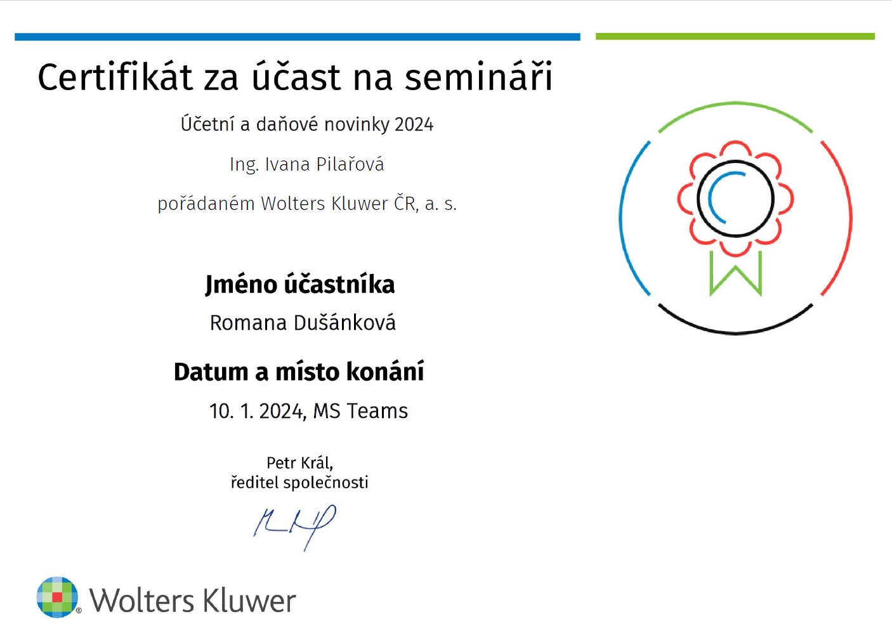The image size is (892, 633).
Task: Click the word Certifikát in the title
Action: [115, 77]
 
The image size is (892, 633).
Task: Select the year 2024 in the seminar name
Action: [414, 124]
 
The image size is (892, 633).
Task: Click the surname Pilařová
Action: [350, 164]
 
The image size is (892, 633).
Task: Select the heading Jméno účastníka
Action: [300, 285]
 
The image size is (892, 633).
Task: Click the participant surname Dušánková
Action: [344, 322]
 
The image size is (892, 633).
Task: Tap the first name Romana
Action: [248, 323]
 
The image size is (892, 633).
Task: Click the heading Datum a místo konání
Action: [299, 372]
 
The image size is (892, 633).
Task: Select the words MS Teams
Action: [360, 411]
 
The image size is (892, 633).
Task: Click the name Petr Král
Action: [299, 463]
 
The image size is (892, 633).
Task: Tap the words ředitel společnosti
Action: [299, 483]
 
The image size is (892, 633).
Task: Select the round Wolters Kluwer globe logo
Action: [57, 597]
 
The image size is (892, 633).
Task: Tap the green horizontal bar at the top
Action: [735, 37]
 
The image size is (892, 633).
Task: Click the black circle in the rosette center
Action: [735, 161]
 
